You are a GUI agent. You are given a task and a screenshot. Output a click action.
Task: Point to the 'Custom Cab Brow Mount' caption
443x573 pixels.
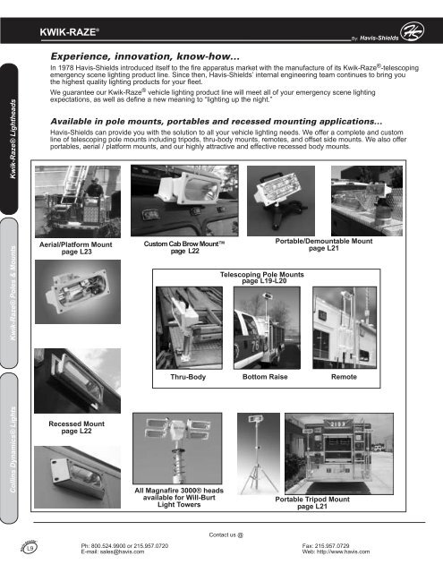coord(184,248)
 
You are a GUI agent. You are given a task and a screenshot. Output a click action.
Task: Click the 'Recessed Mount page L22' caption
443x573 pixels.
coord(72,425)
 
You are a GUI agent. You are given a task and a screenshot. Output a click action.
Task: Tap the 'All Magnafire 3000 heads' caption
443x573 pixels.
coord(179,497)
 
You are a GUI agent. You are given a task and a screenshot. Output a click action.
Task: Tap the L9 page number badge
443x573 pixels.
coord(30,547)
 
